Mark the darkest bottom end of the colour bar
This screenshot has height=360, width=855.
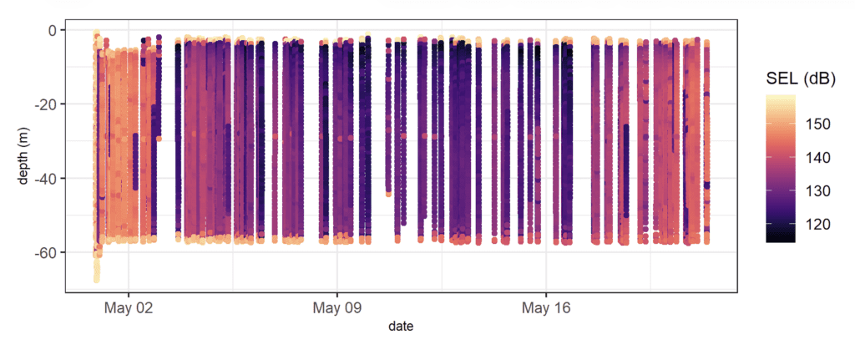(781, 240)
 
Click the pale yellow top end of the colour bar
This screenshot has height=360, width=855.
(781, 96)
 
